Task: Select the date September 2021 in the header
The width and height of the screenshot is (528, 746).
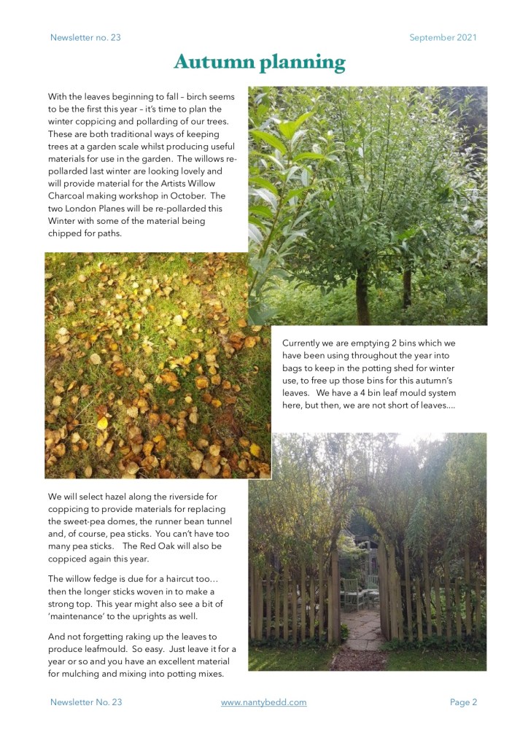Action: point(443,37)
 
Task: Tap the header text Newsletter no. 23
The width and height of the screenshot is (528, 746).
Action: point(85,37)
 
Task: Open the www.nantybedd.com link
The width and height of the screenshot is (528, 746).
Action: point(263,702)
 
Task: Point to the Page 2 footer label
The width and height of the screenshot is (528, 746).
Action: point(463,702)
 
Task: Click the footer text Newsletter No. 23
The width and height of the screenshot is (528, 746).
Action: point(86,702)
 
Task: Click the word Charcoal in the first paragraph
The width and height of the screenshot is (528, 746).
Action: point(71,195)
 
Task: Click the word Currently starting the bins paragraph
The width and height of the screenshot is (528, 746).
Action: point(306,343)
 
